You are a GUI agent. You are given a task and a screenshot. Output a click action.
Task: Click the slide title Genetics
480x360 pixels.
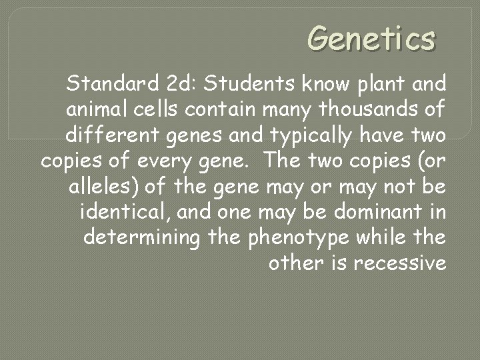point(371,39)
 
